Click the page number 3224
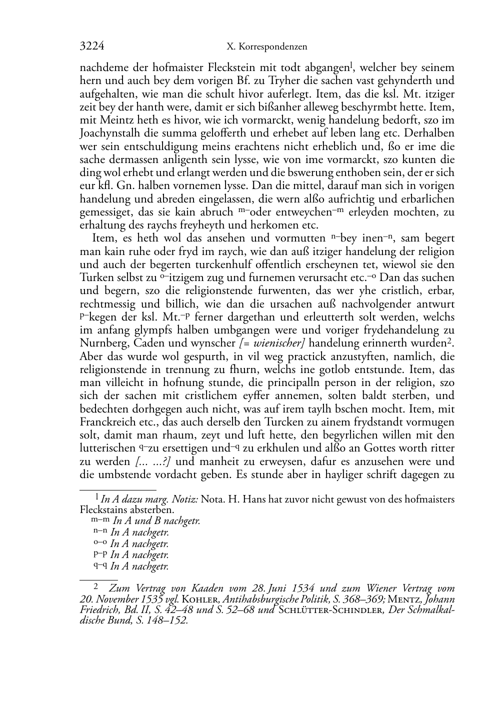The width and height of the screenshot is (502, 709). point(91,46)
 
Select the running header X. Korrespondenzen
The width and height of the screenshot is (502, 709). point(266,47)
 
